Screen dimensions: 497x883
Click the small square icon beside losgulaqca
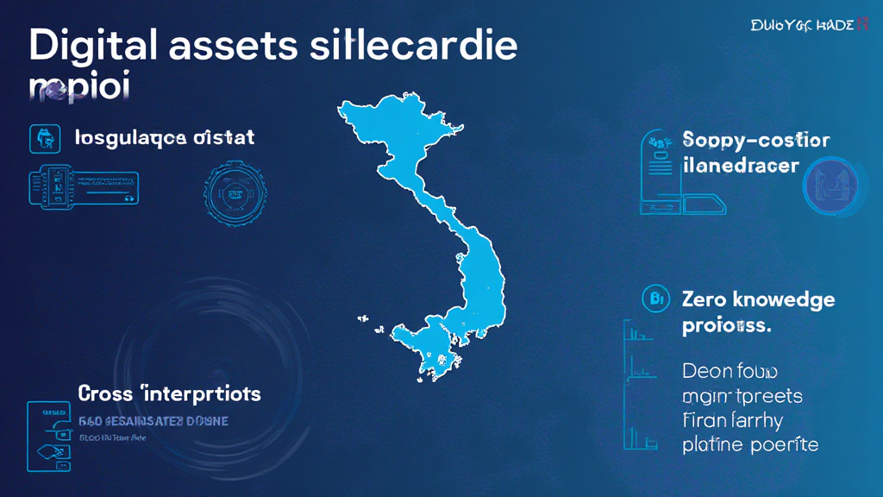pos(44,137)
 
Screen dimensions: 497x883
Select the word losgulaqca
pos(129,137)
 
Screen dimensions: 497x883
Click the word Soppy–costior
pos(755,140)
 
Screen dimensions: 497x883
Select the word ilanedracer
pos(740,165)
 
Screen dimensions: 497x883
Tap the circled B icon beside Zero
pos(656,300)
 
